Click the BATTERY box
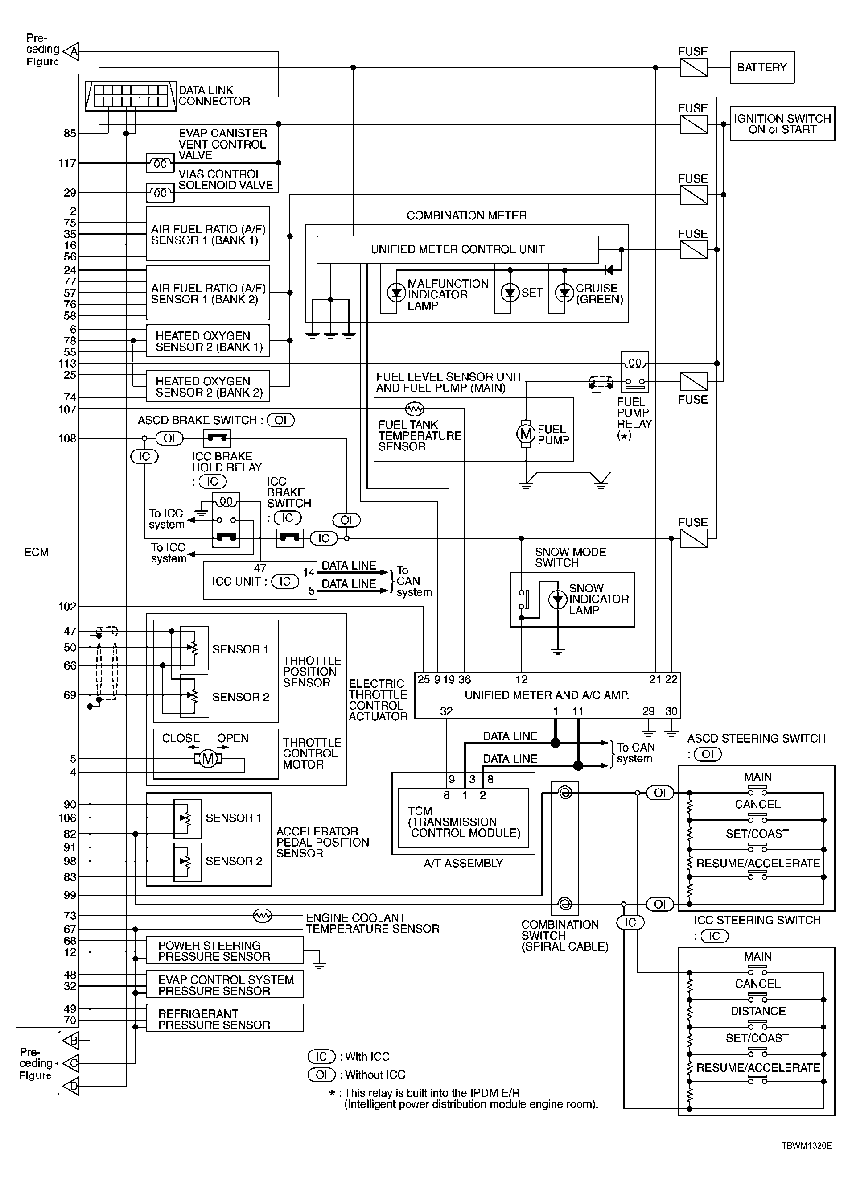tap(762, 67)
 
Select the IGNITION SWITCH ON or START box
tap(782, 124)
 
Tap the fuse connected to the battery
tap(694, 67)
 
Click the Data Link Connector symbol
tap(130, 95)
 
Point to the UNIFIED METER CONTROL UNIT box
tap(458, 250)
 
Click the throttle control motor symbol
tap(208, 759)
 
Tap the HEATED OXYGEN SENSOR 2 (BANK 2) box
tap(208, 386)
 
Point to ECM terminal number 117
tap(67, 163)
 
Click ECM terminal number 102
tap(67, 607)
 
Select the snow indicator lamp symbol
tap(558, 599)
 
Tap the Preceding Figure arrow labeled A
tap(71, 51)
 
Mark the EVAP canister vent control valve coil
tap(161, 164)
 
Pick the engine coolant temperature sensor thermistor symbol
tap(263, 915)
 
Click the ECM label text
tap(37, 552)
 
